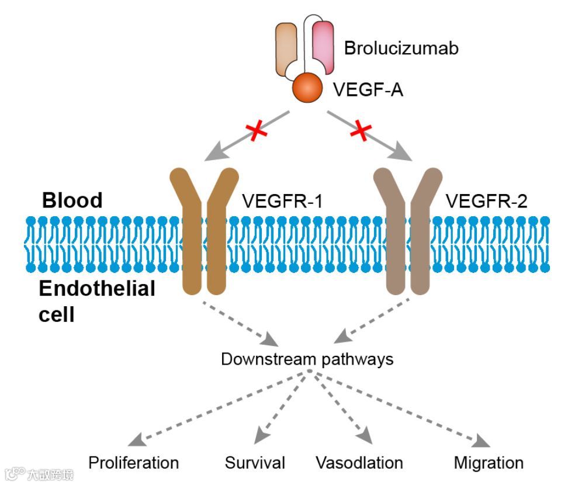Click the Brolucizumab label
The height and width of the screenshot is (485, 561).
tap(401, 48)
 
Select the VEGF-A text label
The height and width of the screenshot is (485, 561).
tap(368, 90)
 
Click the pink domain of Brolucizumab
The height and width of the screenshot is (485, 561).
tap(323, 44)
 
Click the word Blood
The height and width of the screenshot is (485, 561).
tap(72, 200)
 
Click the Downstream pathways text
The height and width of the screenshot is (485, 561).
tap(307, 358)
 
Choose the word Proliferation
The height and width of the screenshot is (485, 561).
tap(133, 463)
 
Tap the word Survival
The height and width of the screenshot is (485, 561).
tap(255, 463)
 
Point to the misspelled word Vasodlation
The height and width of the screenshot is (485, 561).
tap(359, 463)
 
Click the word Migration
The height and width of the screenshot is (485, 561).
tap(489, 463)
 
